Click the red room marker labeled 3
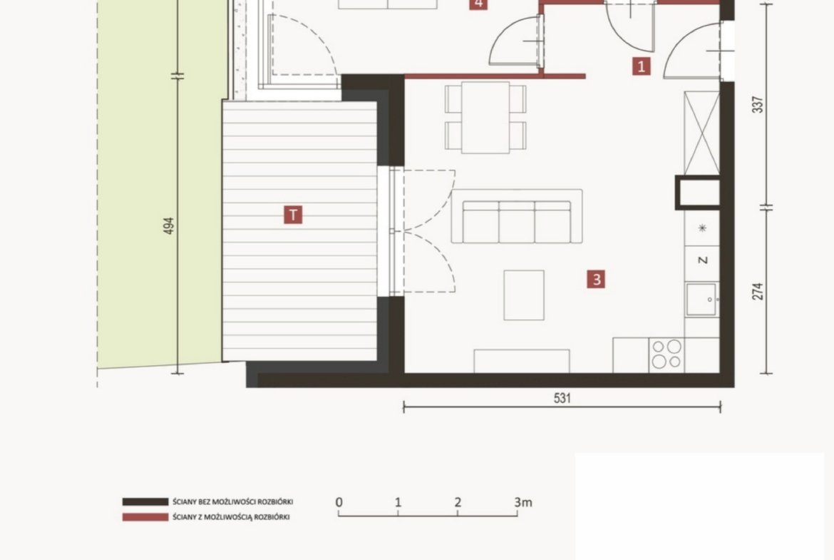[x=596, y=279]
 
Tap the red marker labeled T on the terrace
[x=293, y=215]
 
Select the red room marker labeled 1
[x=642, y=66]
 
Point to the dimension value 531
[x=562, y=398]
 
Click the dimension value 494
[x=168, y=225]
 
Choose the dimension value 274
[x=758, y=291]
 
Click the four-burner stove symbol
[x=666, y=355]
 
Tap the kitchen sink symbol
[x=701, y=300]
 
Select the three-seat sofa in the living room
[x=517, y=217]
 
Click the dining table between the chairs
[x=485, y=117]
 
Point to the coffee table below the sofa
[x=524, y=295]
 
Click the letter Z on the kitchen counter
[x=703, y=260]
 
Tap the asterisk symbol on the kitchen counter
[x=703, y=228]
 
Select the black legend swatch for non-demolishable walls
[x=145, y=502]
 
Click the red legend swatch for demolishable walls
[x=145, y=517]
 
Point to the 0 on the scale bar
[x=339, y=502]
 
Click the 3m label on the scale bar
[x=522, y=502]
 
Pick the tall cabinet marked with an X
[x=701, y=133]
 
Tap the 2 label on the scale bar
[x=458, y=502]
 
